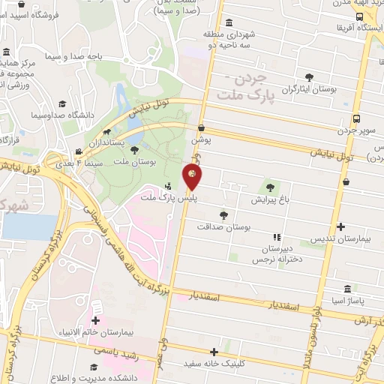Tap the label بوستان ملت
coord(136,162)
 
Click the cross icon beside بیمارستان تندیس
coord(341,226)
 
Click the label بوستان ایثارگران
coord(309,89)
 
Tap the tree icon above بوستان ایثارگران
coord(309,76)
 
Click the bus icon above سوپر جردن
coord(355,118)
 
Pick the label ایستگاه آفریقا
coord(361,28)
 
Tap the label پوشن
coord(202,139)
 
